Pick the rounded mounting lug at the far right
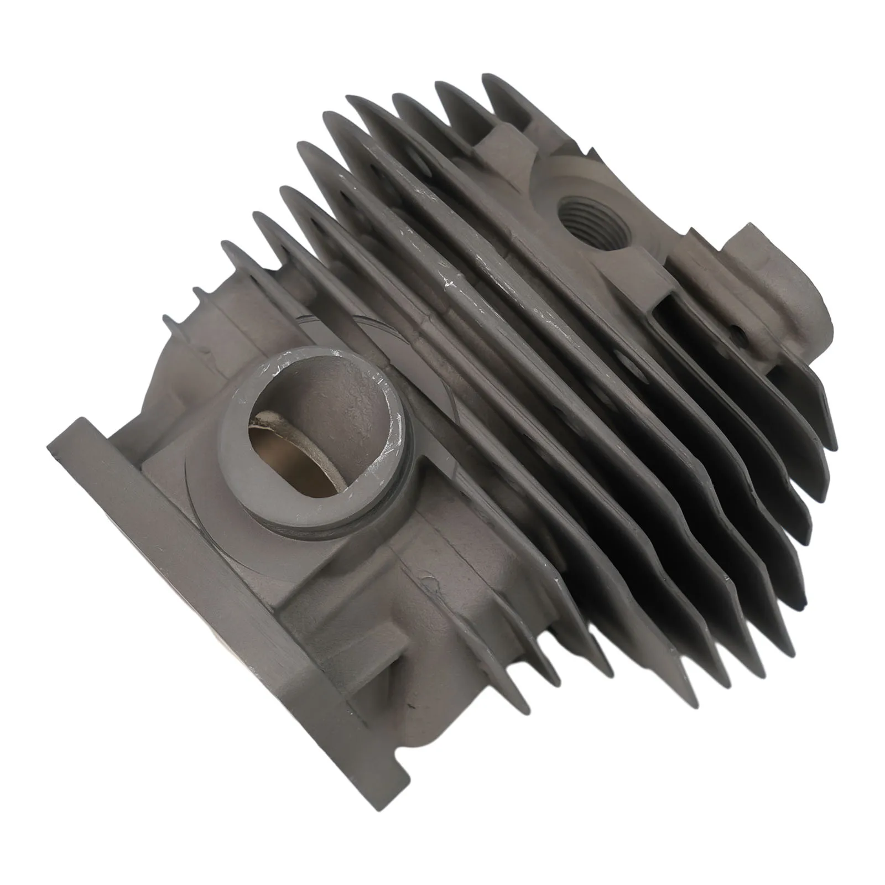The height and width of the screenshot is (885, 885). click(774, 277)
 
